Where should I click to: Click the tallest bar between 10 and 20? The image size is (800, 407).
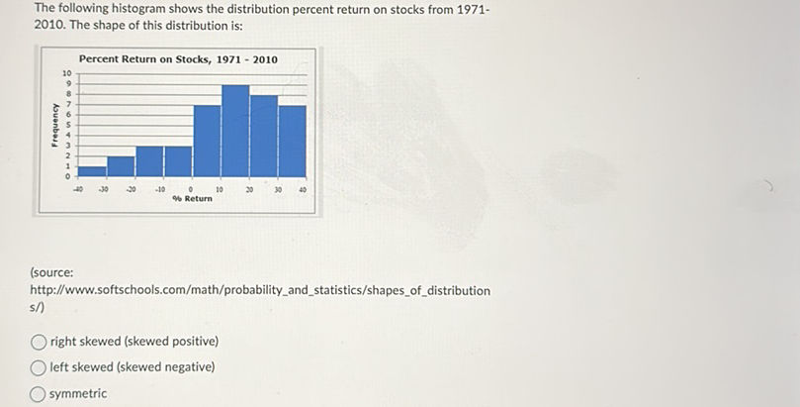[x=235, y=131]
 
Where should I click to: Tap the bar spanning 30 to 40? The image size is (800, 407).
[x=293, y=141]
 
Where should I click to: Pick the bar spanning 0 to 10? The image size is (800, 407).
[x=207, y=141]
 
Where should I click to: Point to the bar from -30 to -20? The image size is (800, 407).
[x=121, y=165]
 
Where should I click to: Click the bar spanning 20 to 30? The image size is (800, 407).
[x=264, y=136]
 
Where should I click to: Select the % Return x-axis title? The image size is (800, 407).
[x=192, y=199]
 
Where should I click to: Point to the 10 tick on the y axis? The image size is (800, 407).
[x=66, y=75]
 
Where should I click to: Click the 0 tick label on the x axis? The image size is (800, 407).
[x=191, y=188]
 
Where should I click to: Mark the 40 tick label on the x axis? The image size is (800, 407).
[x=306, y=188]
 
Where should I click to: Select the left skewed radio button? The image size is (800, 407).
[x=39, y=367]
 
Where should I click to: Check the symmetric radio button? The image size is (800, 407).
[x=39, y=394]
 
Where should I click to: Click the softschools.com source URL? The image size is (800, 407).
[x=262, y=290]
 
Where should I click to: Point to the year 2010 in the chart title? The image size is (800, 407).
[x=265, y=59]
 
